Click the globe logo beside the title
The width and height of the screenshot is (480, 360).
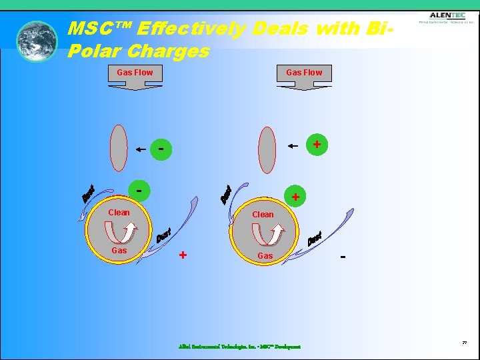(37, 41)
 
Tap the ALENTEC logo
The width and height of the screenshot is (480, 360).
(447, 17)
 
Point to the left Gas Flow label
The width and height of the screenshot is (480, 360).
(135, 72)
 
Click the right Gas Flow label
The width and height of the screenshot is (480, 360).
(304, 72)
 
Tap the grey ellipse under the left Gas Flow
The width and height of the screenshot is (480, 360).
(118, 149)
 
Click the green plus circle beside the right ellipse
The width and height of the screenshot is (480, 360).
(317, 144)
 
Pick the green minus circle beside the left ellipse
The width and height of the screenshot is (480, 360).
(161, 149)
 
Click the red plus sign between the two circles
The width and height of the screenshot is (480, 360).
(183, 255)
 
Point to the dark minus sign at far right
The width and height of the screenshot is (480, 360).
(343, 255)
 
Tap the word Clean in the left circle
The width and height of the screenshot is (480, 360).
(119, 213)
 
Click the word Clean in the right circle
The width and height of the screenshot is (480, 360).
(263, 215)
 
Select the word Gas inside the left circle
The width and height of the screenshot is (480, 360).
(119, 250)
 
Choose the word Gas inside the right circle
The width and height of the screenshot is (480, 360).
(265, 255)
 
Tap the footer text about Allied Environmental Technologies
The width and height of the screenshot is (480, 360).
(239, 347)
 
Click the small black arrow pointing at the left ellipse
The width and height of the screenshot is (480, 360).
(141, 149)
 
